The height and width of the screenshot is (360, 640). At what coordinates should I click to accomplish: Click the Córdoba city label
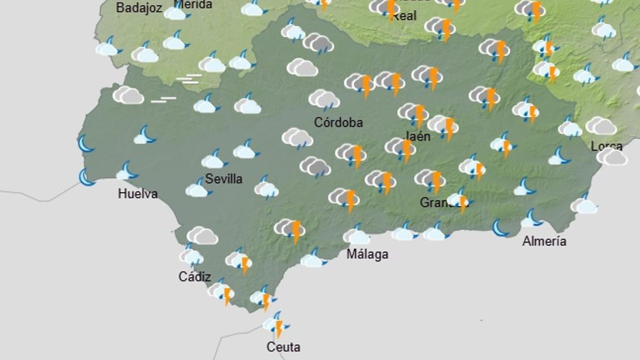tap(338, 123)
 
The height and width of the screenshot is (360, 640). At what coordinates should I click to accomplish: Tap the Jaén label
tap(418, 136)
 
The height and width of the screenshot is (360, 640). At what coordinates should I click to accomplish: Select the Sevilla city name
tap(224, 179)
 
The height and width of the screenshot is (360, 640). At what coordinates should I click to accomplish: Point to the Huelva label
tap(138, 194)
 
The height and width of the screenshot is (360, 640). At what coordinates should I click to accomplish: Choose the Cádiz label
tap(195, 277)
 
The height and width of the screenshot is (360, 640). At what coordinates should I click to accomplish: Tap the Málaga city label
tap(367, 254)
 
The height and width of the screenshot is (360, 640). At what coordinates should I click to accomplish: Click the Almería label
tap(544, 241)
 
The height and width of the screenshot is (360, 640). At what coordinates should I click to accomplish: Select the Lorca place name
tap(606, 146)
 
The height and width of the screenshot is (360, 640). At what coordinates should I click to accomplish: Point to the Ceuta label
tap(283, 347)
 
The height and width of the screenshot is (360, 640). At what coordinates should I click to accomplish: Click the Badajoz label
tap(139, 8)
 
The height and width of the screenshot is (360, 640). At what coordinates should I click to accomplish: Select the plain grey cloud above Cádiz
tap(202, 235)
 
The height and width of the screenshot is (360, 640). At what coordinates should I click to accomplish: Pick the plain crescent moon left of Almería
tap(500, 228)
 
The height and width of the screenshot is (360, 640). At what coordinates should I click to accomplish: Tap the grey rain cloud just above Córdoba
tap(324, 99)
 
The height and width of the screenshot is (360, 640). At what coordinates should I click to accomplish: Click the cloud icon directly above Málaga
tap(356, 235)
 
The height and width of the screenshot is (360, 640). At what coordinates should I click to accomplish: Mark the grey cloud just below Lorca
tap(612, 157)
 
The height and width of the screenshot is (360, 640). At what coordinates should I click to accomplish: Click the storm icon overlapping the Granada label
tap(460, 201)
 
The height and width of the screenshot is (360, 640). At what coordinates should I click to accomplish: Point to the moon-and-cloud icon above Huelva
tap(127, 172)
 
